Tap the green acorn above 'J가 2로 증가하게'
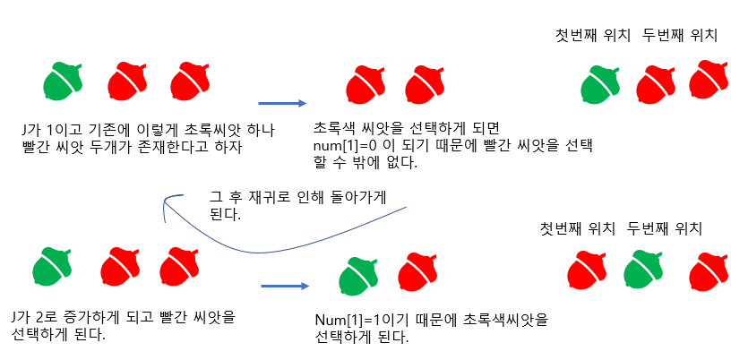pos(53,268)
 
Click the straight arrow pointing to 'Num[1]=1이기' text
pos(284,287)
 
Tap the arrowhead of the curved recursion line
pos(166,208)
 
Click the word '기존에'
pos(97,128)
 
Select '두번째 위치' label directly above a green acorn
pos(658,229)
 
